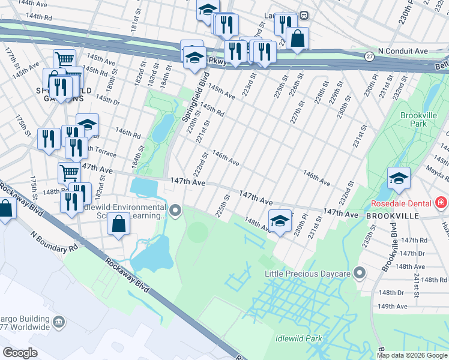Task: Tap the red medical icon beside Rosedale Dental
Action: [441, 203]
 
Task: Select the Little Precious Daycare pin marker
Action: [360, 274]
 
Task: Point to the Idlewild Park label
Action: [298, 338]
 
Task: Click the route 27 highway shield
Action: [369, 56]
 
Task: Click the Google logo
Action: [21, 353]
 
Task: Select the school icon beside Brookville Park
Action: [399, 178]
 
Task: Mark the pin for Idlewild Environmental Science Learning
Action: [175, 210]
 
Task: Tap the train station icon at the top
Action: [304, 16]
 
